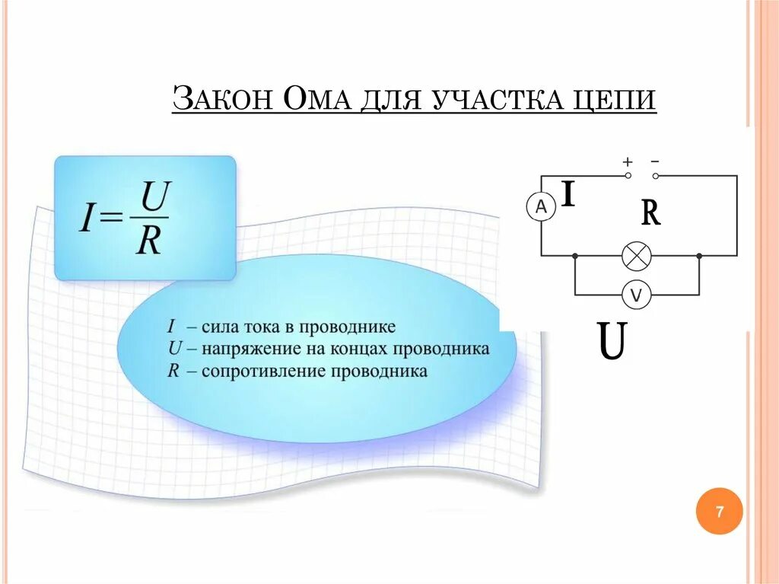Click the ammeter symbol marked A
pyautogui.click(x=541, y=206)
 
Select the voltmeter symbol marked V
pyautogui.click(x=636, y=295)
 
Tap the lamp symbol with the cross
pyautogui.click(x=636, y=256)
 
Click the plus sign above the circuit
pyautogui.click(x=628, y=162)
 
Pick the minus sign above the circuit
pyautogui.click(x=655, y=162)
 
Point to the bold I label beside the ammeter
pyautogui.click(x=568, y=195)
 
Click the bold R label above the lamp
pyautogui.click(x=650, y=213)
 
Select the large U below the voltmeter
pyautogui.click(x=612, y=343)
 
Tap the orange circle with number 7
pyautogui.click(x=719, y=512)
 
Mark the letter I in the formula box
pyautogui.click(x=87, y=219)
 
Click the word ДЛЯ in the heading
pyautogui.click(x=391, y=101)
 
